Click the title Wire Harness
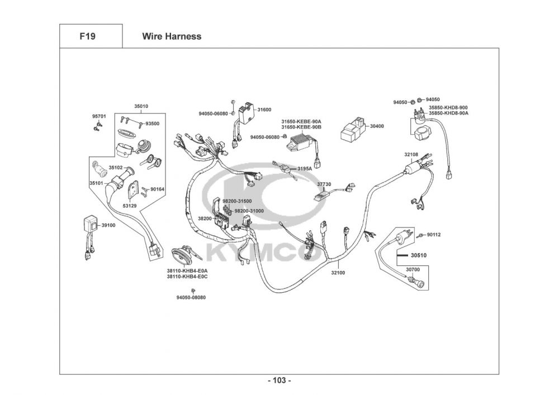(171, 37)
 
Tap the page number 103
(279, 380)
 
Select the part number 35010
(141, 106)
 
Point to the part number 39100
(107, 225)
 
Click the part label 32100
(338, 273)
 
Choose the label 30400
(377, 126)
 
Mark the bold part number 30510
(418, 255)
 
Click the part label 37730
(324, 184)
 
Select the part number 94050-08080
(191, 297)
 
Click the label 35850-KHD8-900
(448, 107)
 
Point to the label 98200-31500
(237, 201)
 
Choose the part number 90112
(434, 235)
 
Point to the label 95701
(98, 116)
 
